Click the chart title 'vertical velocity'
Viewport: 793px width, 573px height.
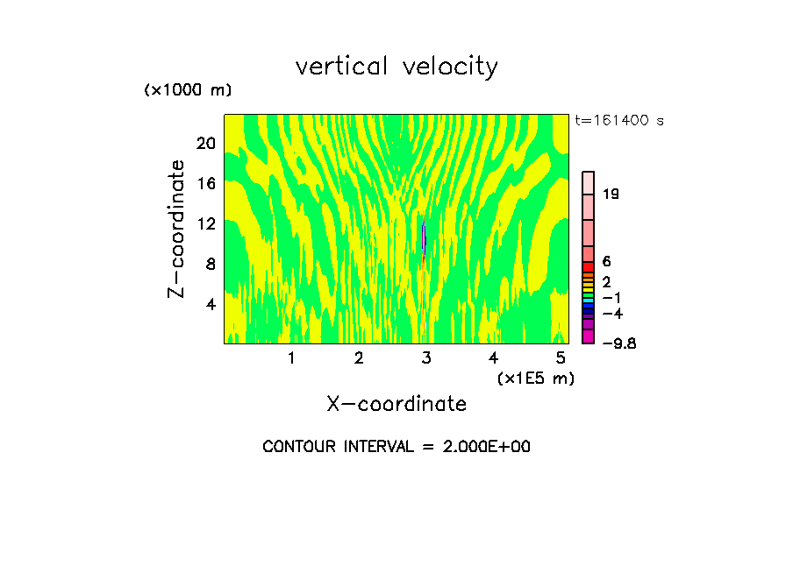tap(396, 67)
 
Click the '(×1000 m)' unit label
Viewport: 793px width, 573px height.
tap(187, 90)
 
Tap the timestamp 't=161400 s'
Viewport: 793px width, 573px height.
tap(618, 120)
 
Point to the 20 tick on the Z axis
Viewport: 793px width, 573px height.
tap(205, 143)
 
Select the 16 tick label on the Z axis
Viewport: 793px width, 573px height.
tap(205, 183)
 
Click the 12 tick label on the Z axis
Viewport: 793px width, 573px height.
tap(205, 223)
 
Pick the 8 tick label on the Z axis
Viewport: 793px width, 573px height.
tap(210, 264)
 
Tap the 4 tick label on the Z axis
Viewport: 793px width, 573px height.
tap(210, 304)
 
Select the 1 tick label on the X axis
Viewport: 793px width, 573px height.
tap(291, 358)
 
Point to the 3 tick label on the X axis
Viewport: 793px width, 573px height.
tap(426, 358)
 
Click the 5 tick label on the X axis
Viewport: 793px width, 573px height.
tap(561, 358)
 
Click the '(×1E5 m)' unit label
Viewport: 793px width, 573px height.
tap(535, 378)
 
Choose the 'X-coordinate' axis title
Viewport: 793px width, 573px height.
tap(396, 404)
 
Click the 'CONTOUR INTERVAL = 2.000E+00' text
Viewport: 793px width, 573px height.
tap(396, 447)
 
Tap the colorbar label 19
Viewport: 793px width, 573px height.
tap(611, 195)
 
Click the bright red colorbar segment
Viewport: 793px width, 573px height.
tap(589, 266)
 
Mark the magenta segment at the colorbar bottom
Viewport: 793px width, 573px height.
tap(589, 337)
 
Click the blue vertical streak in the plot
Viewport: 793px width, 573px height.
tap(424, 238)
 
